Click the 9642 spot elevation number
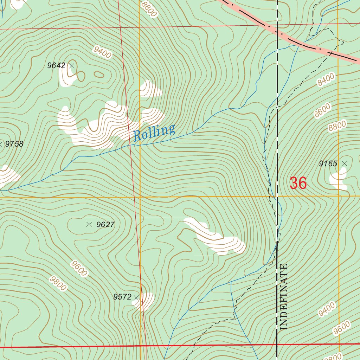[x=56, y=65]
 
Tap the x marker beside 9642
[x=72, y=65]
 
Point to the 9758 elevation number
[x=14, y=144]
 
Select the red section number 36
[x=298, y=183]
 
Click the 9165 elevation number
[x=328, y=163]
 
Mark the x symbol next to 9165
[x=345, y=163]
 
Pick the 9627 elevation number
[x=105, y=225]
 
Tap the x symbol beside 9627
[x=89, y=224]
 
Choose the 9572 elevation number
[x=122, y=297]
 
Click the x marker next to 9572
[x=136, y=298]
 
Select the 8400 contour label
[x=326, y=81]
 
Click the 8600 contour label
[x=323, y=110]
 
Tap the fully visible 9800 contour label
[x=58, y=283]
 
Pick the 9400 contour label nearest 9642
[x=102, y=52]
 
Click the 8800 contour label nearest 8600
[x=337, y=126]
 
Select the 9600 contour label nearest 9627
[x=79, y=268]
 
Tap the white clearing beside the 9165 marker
[x=338, y=179]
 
